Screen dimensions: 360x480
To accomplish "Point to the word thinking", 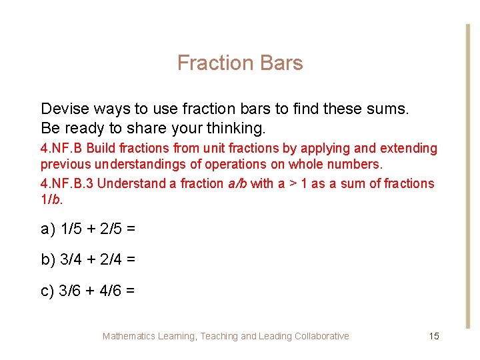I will click(x=234, y=127).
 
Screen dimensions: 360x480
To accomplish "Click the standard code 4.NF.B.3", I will click(x=67, y=183).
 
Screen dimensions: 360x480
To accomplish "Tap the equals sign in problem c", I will click(x=130, y=291).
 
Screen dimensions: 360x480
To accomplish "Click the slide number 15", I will click(x=434, y=336).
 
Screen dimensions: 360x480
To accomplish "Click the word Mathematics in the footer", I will click(x=129, y=336).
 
